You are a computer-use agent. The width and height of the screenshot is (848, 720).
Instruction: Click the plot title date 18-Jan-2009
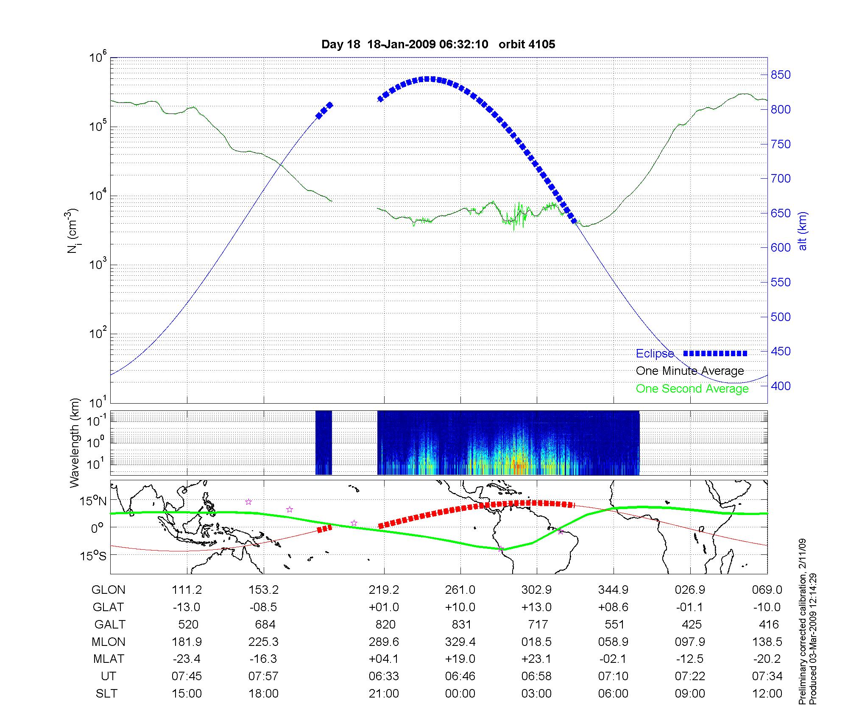tap(401, 44)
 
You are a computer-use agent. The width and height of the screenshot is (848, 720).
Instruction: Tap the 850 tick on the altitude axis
tap(781, 75)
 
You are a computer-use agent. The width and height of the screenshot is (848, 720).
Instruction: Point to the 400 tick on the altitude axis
tap(781, 386)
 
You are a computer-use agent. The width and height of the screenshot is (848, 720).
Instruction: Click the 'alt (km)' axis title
tap(803, 231)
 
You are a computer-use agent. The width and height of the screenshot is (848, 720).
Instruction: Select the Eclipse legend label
tap(655, 354)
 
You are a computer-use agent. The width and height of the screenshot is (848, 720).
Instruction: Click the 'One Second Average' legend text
tap(692, 389)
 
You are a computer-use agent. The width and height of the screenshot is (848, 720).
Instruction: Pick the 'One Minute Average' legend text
tap(690, 371)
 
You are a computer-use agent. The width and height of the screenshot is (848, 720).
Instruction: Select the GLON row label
tap(109, 590)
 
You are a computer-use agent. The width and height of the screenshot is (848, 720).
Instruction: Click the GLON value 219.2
tap(384, 590)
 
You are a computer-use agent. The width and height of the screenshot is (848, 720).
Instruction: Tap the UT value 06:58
tap(536, 676)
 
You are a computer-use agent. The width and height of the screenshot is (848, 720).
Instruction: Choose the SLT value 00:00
tap(460, 693)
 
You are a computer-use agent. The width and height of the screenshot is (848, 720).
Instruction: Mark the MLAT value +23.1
tap(536, 659)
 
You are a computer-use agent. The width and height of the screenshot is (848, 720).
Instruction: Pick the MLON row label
tap(109, 642)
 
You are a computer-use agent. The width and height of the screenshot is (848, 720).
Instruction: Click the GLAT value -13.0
tap(187, 607)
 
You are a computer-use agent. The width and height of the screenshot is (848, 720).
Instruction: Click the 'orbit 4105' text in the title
tap(527, 44)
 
